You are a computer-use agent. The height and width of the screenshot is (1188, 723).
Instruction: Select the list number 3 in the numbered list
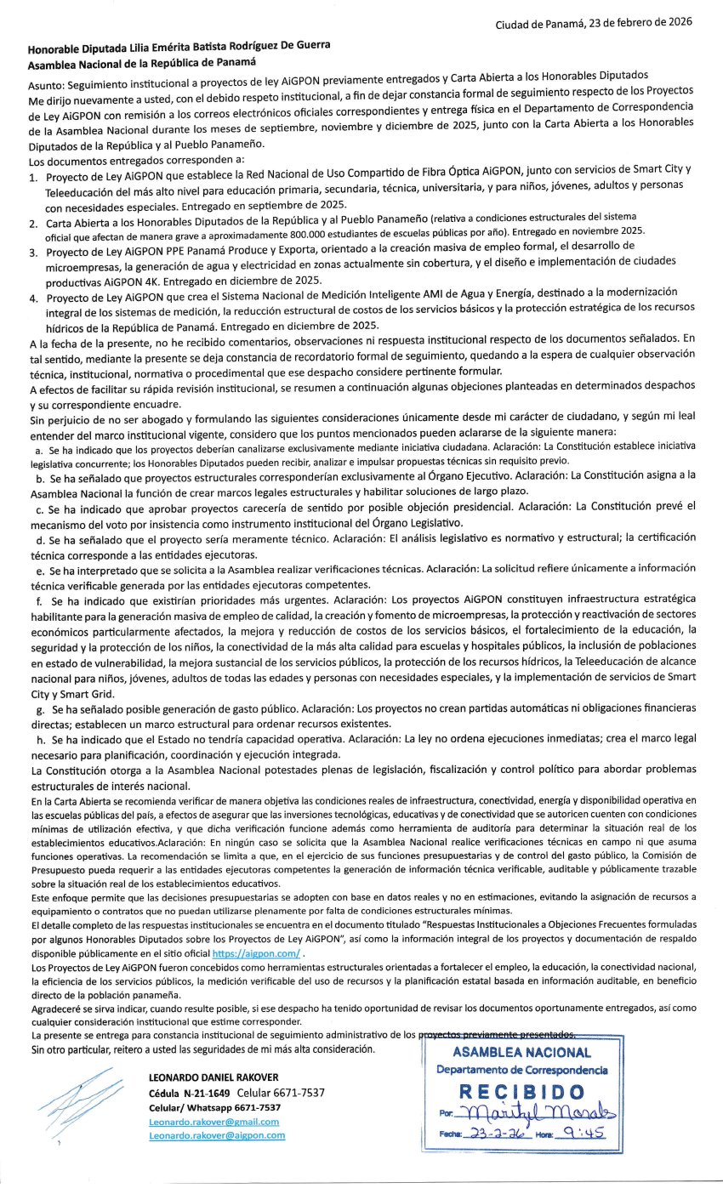[32, 253]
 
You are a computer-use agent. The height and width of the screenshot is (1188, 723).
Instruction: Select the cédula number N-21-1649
[206, 1093]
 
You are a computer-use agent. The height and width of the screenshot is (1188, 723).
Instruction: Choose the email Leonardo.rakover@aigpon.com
[216, 1135]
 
